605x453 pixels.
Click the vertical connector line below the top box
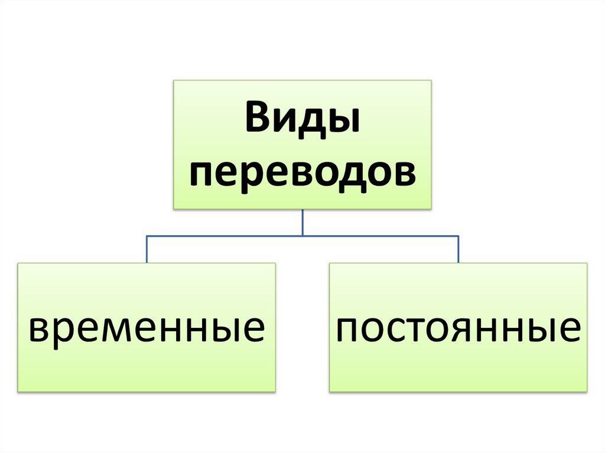302,222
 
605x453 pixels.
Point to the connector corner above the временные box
147,236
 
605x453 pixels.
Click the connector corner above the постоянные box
458,236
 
